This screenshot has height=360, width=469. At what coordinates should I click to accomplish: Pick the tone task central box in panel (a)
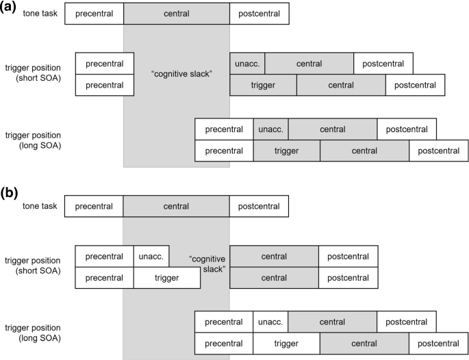point(177,14)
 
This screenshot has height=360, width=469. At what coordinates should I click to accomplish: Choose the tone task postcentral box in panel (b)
point(259,206)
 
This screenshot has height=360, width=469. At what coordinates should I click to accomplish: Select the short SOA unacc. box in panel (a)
point(247,64)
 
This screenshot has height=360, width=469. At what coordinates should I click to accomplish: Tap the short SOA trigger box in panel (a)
point(263,86)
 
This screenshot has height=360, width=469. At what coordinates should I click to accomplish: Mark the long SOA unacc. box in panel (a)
point(270,129)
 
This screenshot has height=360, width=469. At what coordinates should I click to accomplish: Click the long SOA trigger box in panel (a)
point(286,151)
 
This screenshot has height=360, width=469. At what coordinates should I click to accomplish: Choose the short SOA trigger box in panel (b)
point(167,278)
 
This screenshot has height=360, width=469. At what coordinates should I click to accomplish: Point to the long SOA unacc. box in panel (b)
point(270,321)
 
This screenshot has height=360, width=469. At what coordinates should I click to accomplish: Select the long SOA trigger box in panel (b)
point(286,343)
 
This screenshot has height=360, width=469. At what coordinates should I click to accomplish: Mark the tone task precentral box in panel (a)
point(94,14)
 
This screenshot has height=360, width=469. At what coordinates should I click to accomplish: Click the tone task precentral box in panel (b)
point(94,206)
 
